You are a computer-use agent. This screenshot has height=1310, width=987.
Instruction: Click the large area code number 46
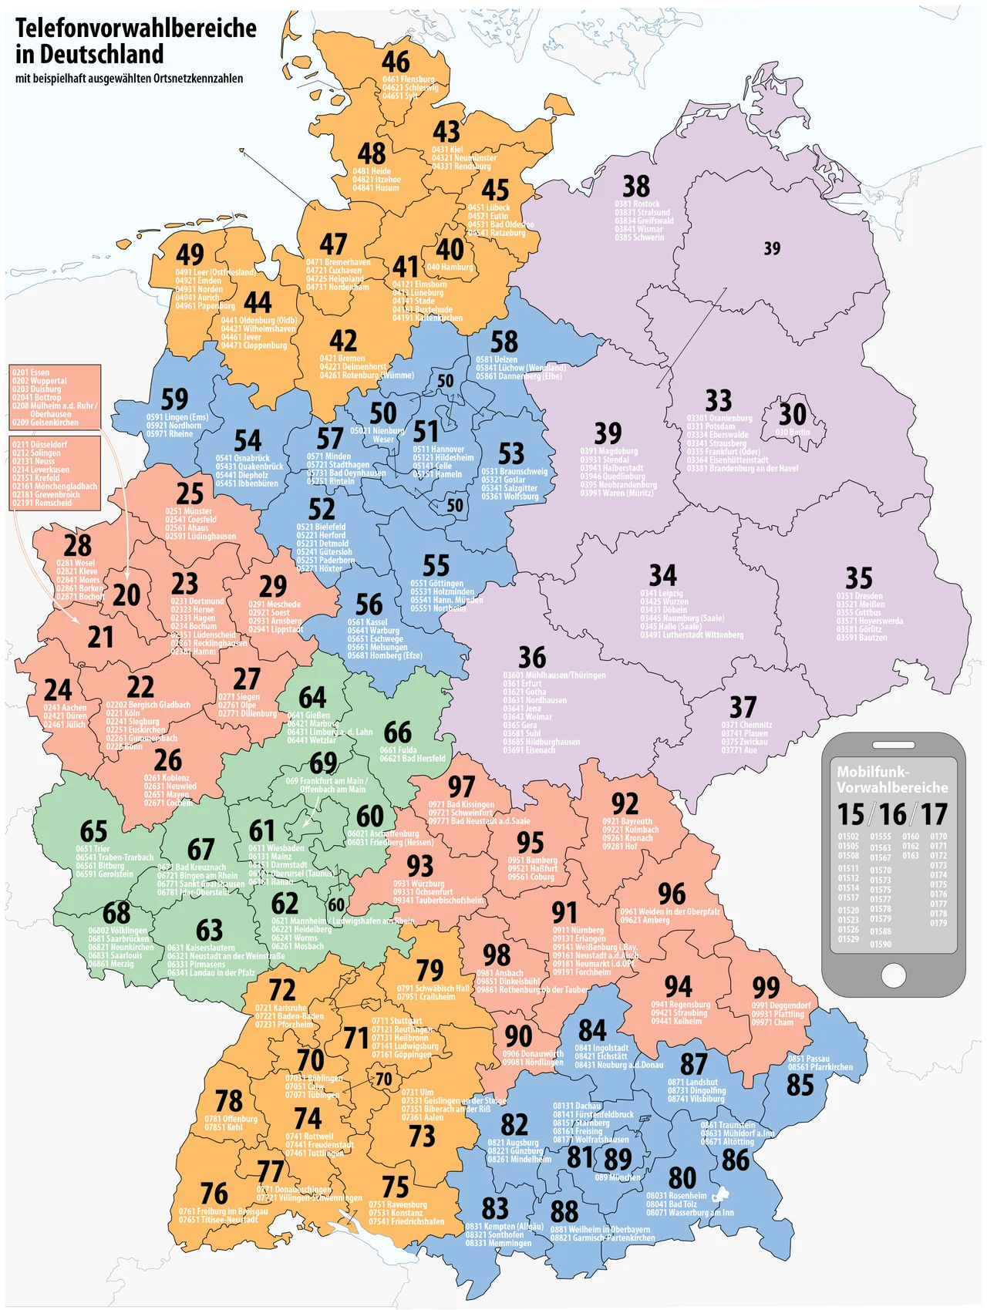pyautogui.click(x=396, y=62)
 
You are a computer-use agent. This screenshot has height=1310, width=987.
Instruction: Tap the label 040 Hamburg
pyautogui.click(x=450, y=268)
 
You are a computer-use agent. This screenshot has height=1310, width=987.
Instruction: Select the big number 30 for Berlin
pyautogui.click(x=793, y=414)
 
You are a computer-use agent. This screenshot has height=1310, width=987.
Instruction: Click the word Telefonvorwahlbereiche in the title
pyautogui.click(x=136, y=29)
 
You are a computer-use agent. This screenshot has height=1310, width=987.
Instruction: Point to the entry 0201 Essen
pyautogui.click(x=31, y=372)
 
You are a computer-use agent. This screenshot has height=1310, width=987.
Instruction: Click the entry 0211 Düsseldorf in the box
pyautogui.click(x=39, y=445)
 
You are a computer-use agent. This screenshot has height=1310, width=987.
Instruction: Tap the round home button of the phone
pyautogui.click(x=893, y=975)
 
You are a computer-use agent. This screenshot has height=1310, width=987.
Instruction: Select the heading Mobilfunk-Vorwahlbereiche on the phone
pyautogui.click(x=892, y=780)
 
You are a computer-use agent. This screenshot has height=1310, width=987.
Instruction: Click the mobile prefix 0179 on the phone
pyautogui.click(x=938, y=923)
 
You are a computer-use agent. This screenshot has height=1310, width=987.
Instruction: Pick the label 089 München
pyautogui.click(x=618, y=1177)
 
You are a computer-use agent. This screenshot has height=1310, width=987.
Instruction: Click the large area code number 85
pyautogui.click(x=800, y=1086)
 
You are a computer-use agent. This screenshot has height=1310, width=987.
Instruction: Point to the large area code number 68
pyautogui.click(x=116, y=913)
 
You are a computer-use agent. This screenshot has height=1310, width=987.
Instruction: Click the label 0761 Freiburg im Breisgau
pyautogui.click(x=223, y=1211)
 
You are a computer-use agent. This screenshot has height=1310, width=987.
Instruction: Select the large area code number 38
pyautogui.click(x=636, y=186)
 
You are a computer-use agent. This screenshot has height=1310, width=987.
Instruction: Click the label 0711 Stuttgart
pyautogui.click(x=396, y=1021)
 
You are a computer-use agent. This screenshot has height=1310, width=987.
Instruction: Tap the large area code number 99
pyautogui.click(x=766, y=987)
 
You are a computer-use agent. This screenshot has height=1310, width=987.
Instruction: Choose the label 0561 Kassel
pyautogui.click(x=367, y=622)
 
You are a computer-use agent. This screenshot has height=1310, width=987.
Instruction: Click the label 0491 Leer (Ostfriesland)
pyautogui.click(x=215, y=272)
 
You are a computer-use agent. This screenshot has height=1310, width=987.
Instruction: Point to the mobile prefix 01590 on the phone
pyautogui.click(x=881, y=944)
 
